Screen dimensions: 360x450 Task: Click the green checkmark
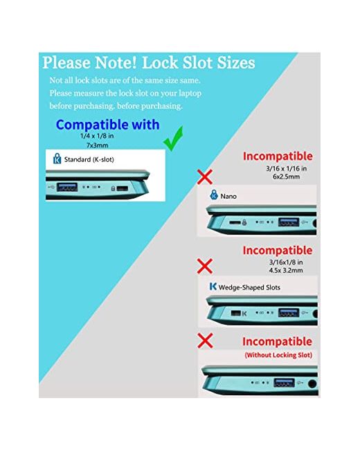(x=174, y=139)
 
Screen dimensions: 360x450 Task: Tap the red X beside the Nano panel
(x=205, y=177)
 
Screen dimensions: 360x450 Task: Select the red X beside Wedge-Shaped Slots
(x=205, y=266)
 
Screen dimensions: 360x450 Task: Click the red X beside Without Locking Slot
(x=205, y=341)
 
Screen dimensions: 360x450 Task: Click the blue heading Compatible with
(x=108, y=125)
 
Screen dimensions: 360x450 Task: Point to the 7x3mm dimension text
(x=98, y=145)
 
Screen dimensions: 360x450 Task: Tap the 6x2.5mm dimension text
(x=286, y=177)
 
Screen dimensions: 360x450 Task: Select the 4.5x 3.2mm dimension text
(x=286, y=270)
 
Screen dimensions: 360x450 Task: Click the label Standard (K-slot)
(x=89, y=159)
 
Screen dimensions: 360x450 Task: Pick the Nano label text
(x=228, y=197)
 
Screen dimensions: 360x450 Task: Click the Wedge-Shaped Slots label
(x=249, y=287)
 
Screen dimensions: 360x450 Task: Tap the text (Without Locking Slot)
(x=278, y=355)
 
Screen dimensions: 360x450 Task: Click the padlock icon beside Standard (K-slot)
(x=57, y=159)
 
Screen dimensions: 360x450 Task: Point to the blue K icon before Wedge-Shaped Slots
(x=213, y=286)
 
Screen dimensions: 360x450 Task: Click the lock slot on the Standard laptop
(x=123, y=188)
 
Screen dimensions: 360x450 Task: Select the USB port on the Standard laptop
(x=67, y=187)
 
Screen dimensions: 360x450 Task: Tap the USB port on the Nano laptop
(x=289, y=222)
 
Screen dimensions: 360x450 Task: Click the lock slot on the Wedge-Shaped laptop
(x=235, y=313)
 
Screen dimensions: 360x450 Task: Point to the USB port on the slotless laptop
(x=284, y=383)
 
